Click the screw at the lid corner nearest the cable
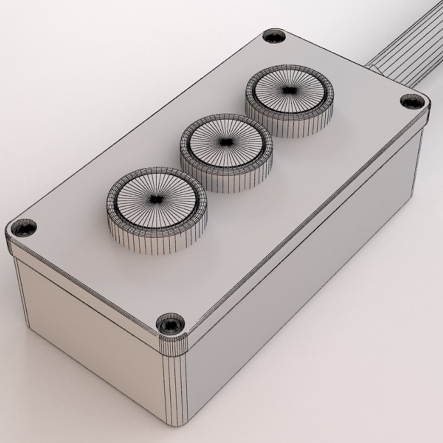pos(274,36)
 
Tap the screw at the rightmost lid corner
pos(412,101)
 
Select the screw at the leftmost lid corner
pos(24,228)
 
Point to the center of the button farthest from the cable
pos(156,200)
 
